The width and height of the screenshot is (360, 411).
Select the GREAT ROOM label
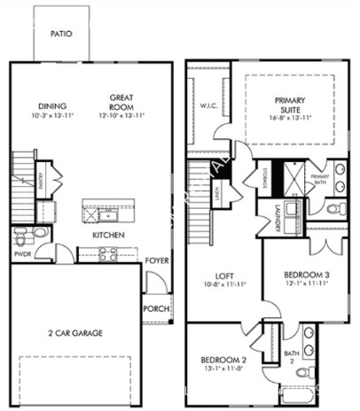coord(121,102)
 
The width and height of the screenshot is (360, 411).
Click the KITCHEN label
coord(107,236)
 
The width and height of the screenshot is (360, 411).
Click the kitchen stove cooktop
coord(107,255)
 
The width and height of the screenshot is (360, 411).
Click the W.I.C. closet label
coord(208,107)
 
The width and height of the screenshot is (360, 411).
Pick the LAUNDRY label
coord(278,218)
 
